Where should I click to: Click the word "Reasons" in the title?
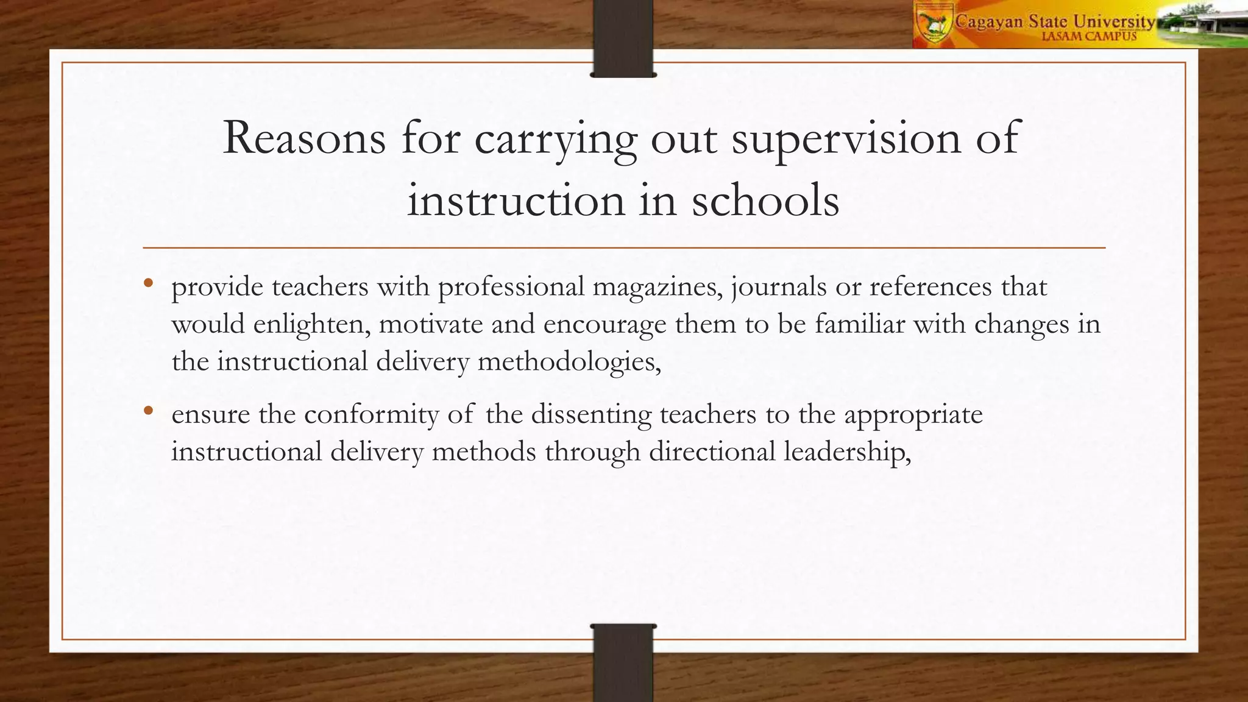point(304,138)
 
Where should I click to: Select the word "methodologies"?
point(569,362)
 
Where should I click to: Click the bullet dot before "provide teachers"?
point(148,283)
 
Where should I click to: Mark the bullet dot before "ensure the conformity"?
point(148,411)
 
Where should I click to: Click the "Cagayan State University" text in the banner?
point(1054,21)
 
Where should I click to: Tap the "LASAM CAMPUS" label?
point(1089,37)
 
